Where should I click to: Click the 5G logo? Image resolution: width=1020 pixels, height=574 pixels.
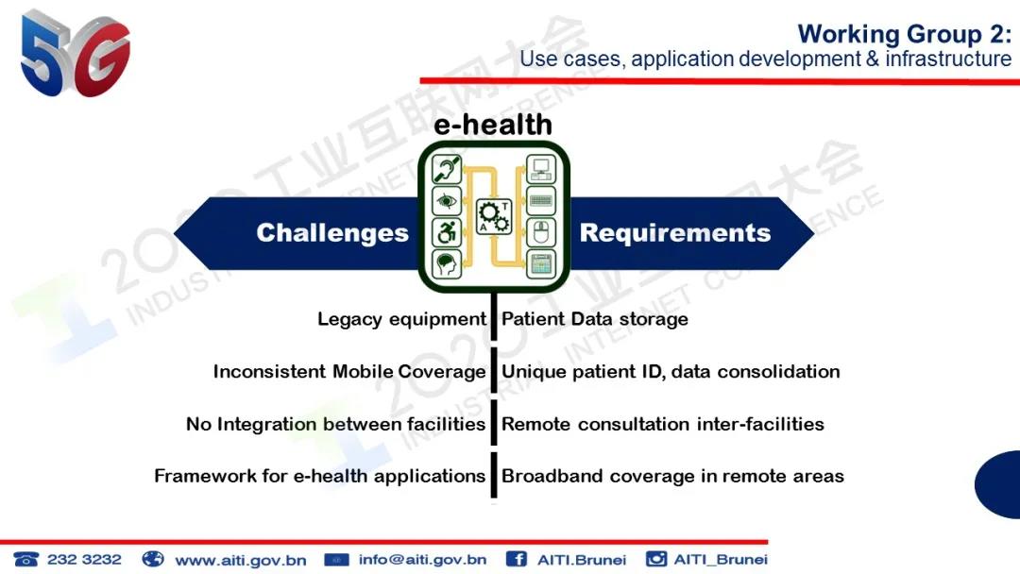point(75,54)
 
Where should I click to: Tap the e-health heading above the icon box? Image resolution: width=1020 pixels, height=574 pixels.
point(493,125)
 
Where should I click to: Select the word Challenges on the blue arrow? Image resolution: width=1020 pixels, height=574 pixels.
point(332,233)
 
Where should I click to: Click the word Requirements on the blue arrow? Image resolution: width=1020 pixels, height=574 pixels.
point(675,233)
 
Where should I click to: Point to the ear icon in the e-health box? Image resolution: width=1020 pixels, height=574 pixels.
point(447,170)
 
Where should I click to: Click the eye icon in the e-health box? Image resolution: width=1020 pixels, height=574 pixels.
point(447,201)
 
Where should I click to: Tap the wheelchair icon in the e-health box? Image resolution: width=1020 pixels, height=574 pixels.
point(447,232)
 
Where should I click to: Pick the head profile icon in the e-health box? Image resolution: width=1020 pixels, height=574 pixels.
point(447,264)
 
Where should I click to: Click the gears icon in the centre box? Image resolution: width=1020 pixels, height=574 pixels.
point(494,216)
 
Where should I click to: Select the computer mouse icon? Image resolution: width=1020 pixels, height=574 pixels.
point(541,232)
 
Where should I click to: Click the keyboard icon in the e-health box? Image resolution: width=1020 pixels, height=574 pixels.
point(541,201)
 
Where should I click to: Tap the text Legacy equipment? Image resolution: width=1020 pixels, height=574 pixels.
point(401,319)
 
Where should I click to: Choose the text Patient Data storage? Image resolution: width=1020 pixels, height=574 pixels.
point(595,319)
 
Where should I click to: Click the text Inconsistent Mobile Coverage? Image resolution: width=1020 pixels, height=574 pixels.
point(349,372)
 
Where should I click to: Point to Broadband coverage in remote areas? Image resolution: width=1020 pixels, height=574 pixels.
point(672,477)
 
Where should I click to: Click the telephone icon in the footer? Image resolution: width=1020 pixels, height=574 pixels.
point(26,559)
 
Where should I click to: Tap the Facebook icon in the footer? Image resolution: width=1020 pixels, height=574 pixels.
point(516,559)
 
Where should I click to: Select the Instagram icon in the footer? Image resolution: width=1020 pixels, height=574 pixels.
point(656,558)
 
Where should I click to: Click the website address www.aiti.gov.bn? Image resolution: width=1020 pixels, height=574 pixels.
point(241,560)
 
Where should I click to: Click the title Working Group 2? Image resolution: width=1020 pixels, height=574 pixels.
point(905,34)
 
